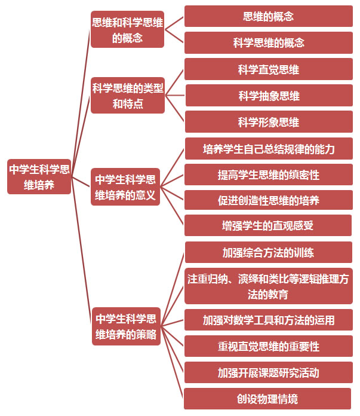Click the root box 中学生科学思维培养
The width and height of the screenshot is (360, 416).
click(x=39, y=177)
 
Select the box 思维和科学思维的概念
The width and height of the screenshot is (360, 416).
click(x=128, y=29)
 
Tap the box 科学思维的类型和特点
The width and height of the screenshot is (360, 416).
click(x=128, y=96)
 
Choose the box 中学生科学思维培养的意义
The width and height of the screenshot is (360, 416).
click(x=125, y=186)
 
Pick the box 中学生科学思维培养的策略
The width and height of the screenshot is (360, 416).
click(x=126, y=326)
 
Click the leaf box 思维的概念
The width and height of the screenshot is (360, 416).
click(x=269, y=16)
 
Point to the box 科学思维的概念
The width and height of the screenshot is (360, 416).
click(x=269, y=42)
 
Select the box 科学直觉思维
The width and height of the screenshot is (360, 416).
click(x=269, y=69)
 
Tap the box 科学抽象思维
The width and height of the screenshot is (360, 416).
click(x=269, y=96)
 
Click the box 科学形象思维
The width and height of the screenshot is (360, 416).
click(x=269, y=122)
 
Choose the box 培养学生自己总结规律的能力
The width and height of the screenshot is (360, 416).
click(x=269, y=149)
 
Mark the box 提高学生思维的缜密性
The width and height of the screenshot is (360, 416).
click(x=269, y=175)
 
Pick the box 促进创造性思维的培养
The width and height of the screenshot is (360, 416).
click(x=269, y=200)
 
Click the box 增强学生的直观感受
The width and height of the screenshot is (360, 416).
click(x=268, y=225)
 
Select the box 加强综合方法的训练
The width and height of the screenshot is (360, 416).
click(x=269, y=252)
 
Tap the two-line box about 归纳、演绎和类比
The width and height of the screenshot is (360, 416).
click(x=269, y=286)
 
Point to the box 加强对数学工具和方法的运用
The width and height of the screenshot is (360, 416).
click(x=269, y=320)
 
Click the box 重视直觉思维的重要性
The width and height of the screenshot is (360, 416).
click(x=269, y=346)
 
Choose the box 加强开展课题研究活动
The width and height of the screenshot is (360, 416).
click(x=269, y=372)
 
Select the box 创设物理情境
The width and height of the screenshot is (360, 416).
click(x=267, y=399)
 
